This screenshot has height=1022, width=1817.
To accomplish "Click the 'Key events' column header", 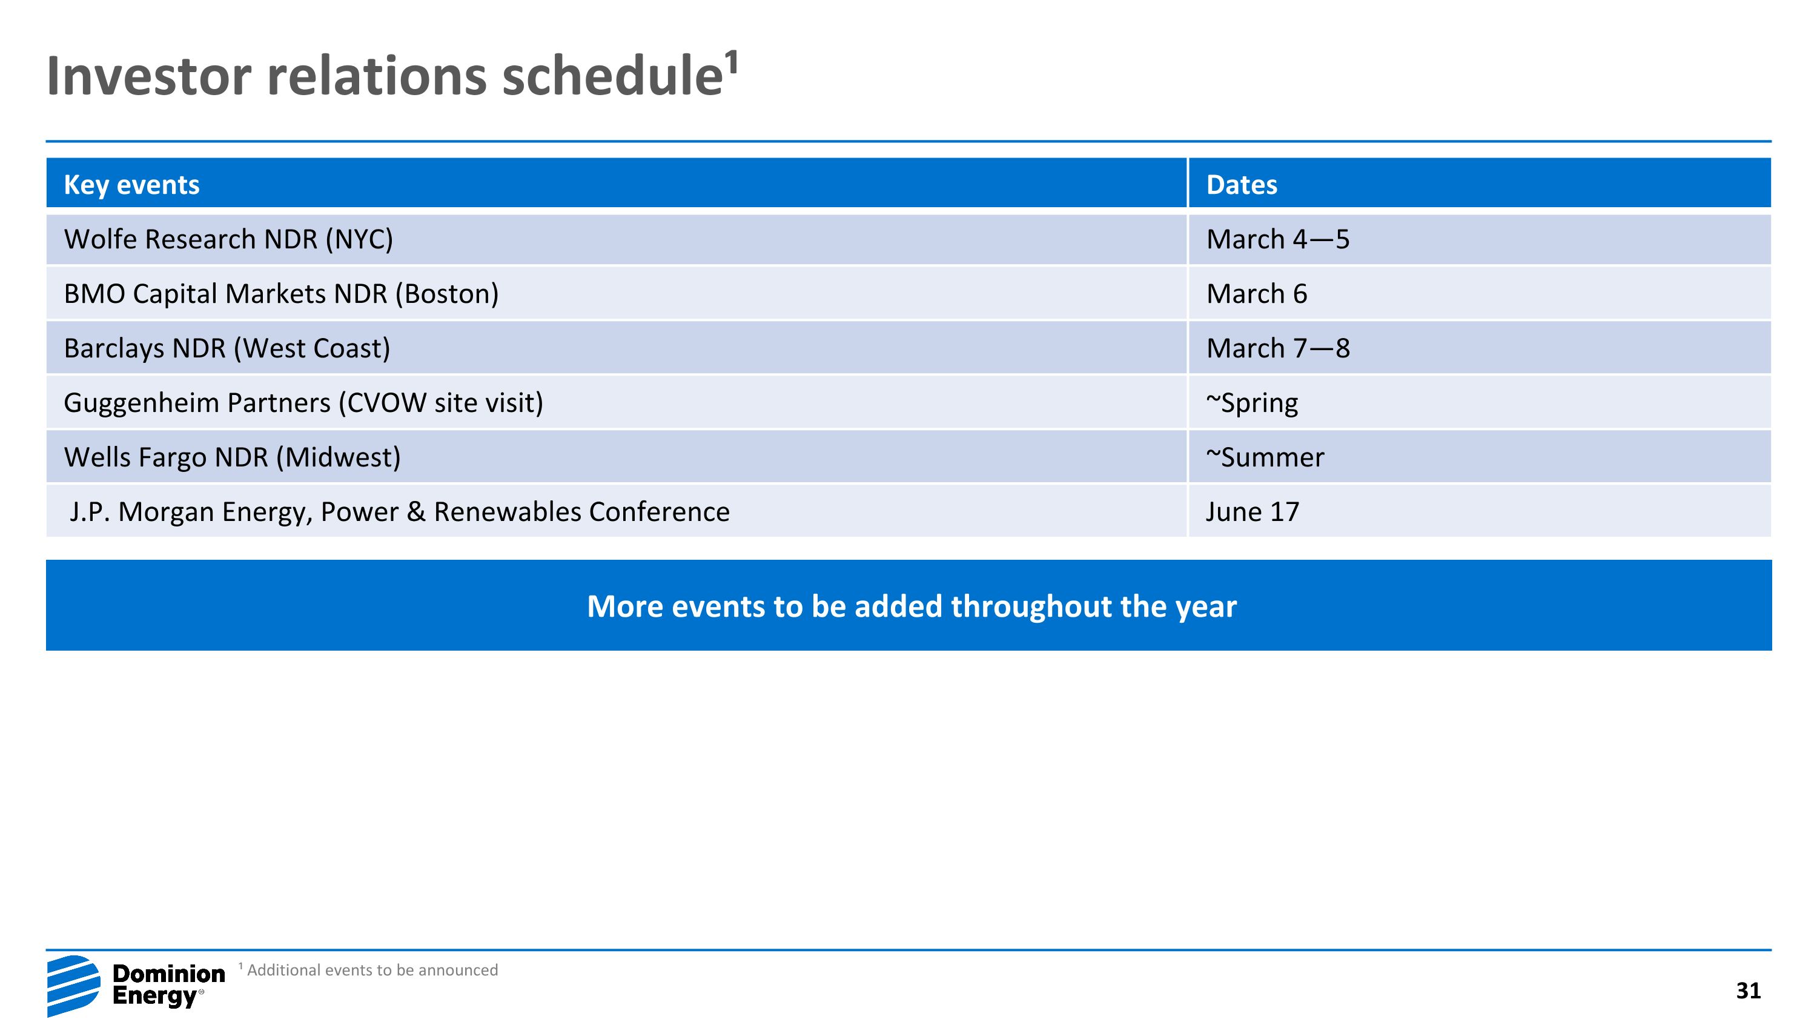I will [131, 185].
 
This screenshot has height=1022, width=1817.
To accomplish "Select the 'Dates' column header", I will [1241, 185].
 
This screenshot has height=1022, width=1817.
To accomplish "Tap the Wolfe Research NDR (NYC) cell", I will [228, 239].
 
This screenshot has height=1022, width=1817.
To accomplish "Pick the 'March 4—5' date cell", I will [1277, 239].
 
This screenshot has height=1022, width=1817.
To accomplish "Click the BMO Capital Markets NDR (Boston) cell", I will [281, 293].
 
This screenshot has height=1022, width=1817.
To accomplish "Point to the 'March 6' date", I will [1256, 293].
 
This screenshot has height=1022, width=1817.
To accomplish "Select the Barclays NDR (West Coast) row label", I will [227, 348].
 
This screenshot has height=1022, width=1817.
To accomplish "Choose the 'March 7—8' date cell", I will [1277, 348].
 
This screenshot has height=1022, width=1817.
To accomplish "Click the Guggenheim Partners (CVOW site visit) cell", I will [303, 403].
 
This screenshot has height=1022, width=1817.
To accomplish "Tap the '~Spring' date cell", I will [1251, 403].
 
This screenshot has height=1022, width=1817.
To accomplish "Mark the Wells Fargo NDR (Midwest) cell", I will [232, 457].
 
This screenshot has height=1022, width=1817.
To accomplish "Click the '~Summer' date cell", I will [1265, 457].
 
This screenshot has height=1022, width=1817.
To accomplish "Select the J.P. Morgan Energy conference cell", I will [399, 511].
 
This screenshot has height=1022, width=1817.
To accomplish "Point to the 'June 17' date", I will [1252, 511].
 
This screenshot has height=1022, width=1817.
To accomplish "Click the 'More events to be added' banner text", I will [912, 606].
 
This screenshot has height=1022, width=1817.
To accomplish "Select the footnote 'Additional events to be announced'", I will [372, 970].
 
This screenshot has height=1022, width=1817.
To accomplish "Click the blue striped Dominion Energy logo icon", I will [73, 984].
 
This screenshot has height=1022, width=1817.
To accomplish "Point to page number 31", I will [1748, 990].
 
